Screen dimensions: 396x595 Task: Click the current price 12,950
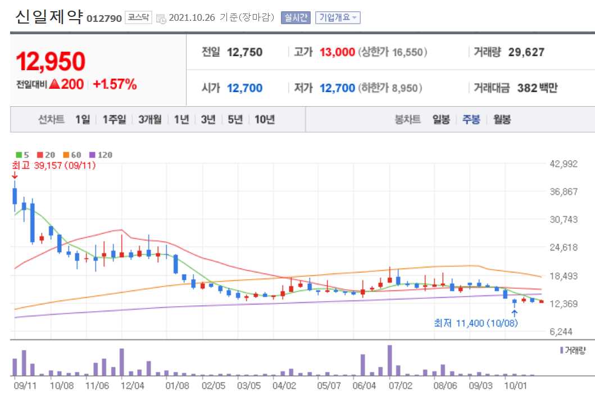[x=51, y=61]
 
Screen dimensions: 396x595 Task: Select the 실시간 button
[x=296, y=17]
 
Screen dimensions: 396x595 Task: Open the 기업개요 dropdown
[x=337, y=17]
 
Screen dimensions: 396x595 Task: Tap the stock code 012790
[x=104, y=19]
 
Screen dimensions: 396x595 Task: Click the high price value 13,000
[x=337, y=52]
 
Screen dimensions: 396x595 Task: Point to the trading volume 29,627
[x=526, y=52]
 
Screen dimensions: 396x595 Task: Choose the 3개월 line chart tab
[x=149, y=119]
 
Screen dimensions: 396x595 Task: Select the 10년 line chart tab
[x=265, y=119]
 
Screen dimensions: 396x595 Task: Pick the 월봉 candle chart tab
[x=502, y=119]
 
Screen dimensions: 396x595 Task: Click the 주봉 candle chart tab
[x=471, y=119]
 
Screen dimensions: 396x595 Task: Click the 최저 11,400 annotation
[x=476, y=323]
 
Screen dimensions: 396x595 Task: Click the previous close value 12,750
[x=244, y=52]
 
